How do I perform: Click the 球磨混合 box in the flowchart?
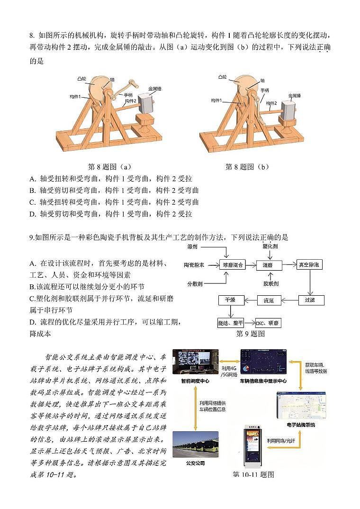pyautogui.click(x=233, y=265)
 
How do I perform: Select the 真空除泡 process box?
pyautogui.click(x=309, y=265)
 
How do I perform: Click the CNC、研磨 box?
pyautogui.click(x=268, y=323)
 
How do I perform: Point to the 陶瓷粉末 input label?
pyautogui.click(x=194, y=265)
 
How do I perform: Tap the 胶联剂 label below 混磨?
pyautogui.click(x=271, y=283)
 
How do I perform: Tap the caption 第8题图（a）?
pyautogui.click(x=109, y=167)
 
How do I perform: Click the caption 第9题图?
pyautogui.click(x=250, y=334)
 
